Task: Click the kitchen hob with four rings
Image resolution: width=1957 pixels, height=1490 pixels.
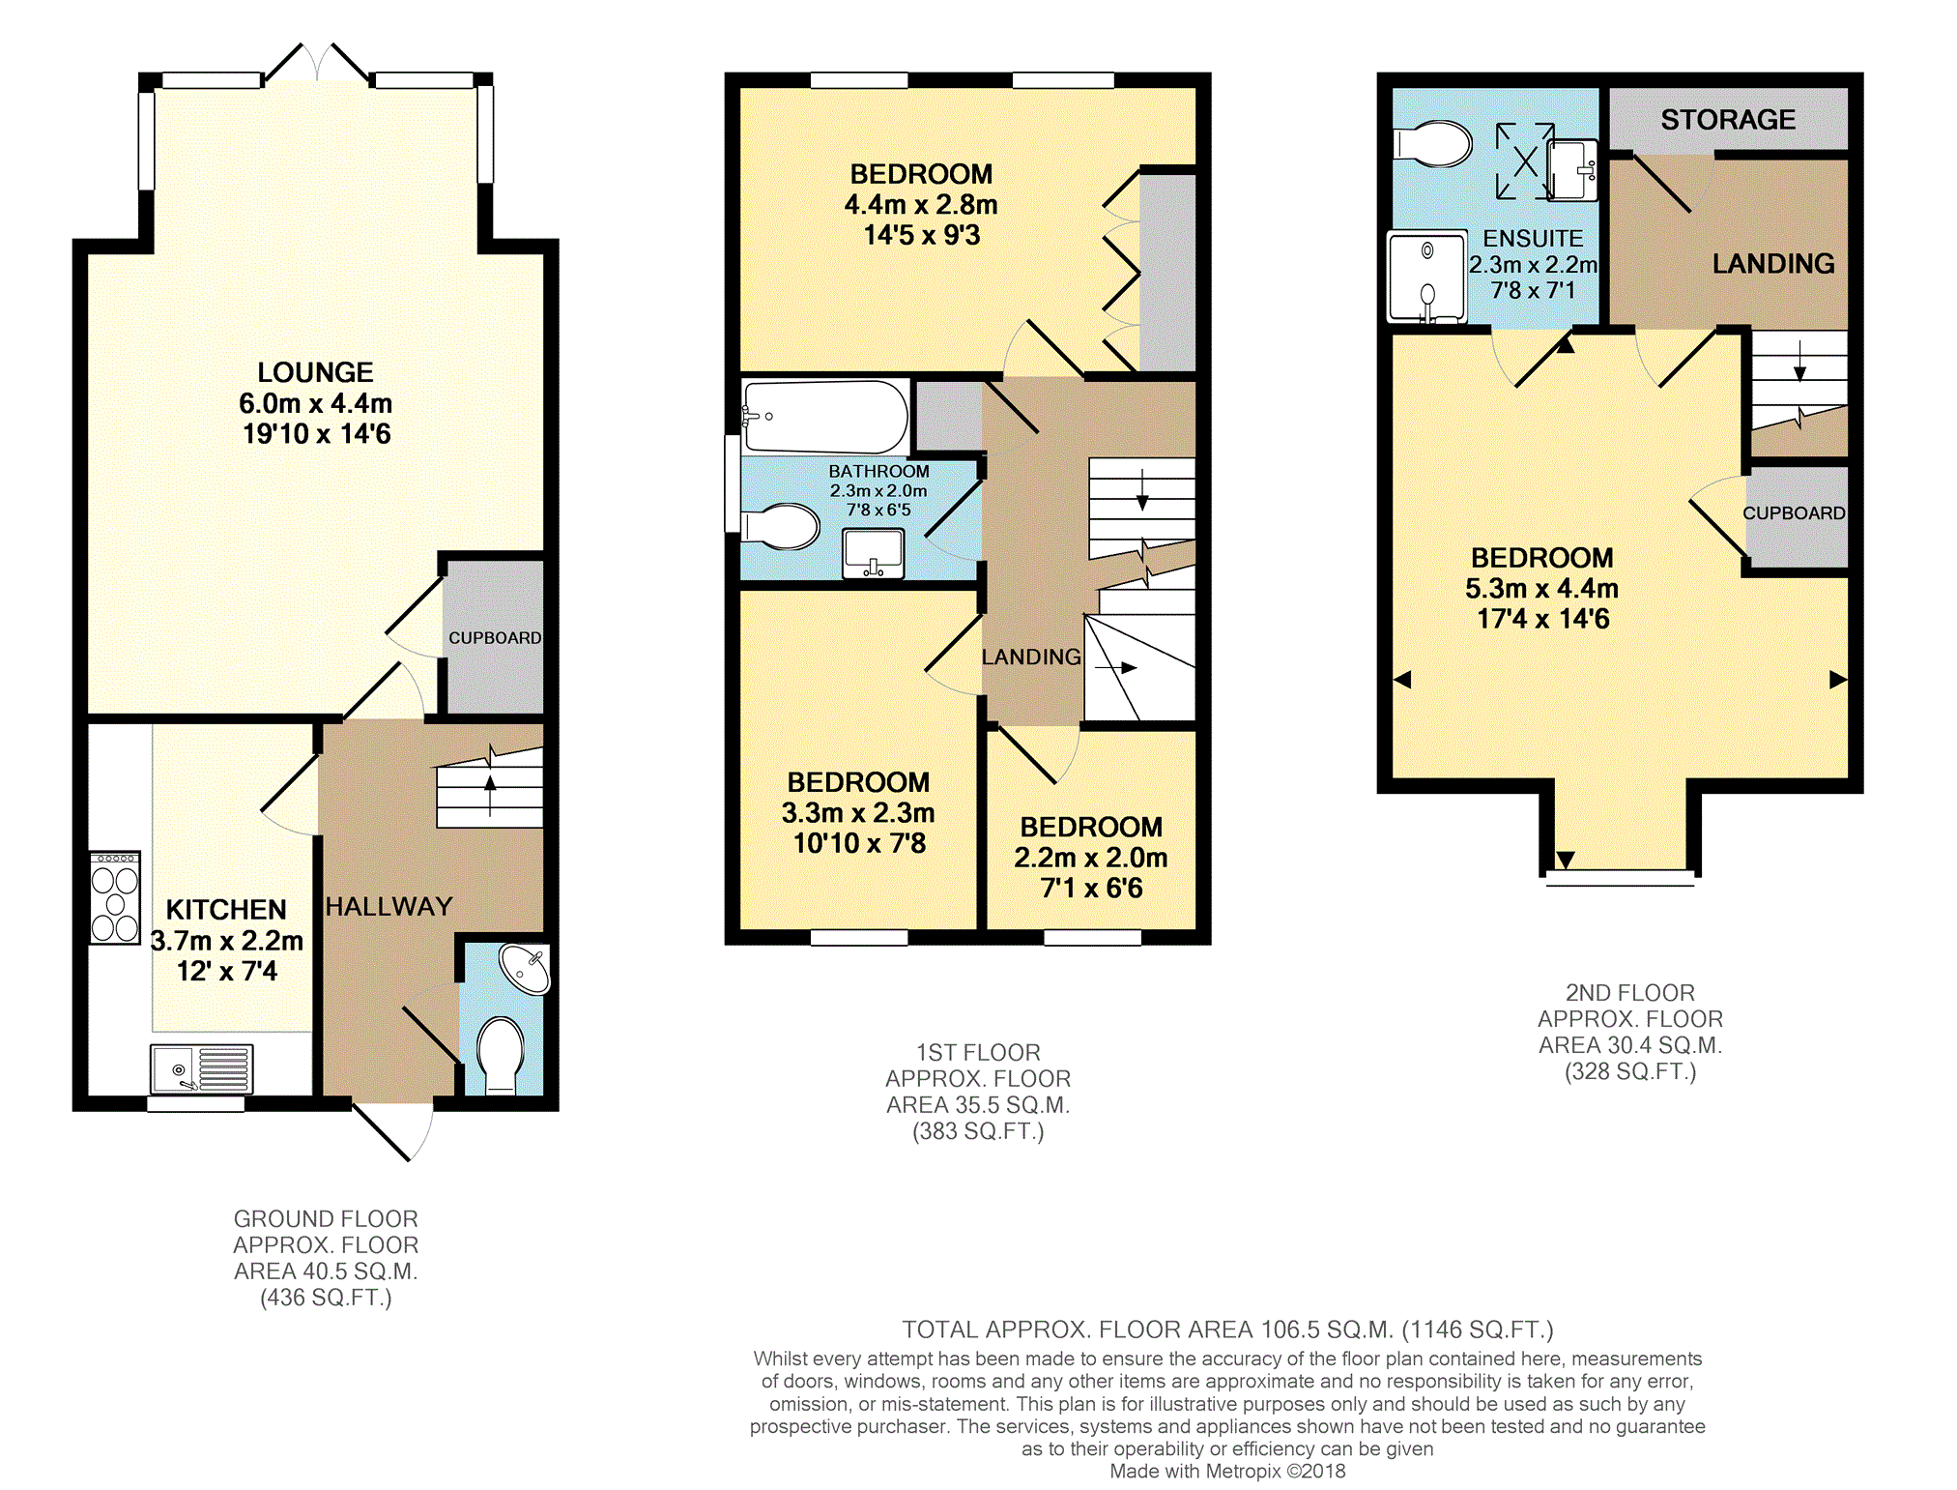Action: (115, 897)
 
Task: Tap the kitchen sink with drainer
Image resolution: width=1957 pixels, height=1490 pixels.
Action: (201, 1068)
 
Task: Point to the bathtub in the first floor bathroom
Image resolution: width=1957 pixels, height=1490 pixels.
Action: (824, 417)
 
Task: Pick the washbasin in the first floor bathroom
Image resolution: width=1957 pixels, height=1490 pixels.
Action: (873, 553)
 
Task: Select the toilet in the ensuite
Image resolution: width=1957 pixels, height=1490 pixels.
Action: (1432, 144)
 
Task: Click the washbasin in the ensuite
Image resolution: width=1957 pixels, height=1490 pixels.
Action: (1571, 170)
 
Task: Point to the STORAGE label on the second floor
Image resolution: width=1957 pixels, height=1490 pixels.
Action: (1728, 120)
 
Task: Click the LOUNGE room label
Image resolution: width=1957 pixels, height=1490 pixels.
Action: (315, 372)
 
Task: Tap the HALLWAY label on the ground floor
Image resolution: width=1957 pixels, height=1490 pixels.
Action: (389, 907)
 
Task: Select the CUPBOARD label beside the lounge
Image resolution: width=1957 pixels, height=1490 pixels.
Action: (495, 638)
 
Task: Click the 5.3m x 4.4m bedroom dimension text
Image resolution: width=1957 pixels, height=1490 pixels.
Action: (1541, 588)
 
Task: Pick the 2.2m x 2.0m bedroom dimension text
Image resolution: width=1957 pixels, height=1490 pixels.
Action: (1091, 858)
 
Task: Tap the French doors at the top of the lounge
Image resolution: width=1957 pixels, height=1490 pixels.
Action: (317, 64)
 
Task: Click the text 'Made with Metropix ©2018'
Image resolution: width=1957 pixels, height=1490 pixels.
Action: (1227, 1472)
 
